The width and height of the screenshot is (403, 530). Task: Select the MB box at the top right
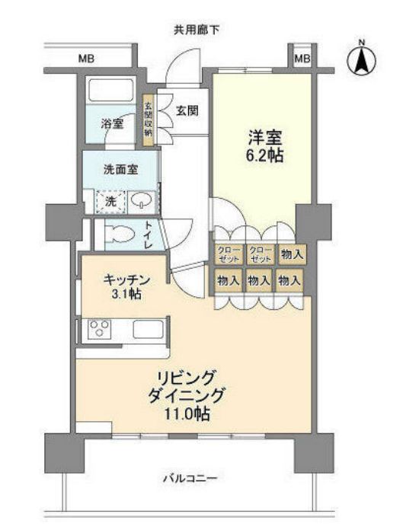[x=302, y=59]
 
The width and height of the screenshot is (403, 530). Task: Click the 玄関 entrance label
[x=187, y=111]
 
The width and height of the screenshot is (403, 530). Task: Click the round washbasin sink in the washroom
[x=142, y=200]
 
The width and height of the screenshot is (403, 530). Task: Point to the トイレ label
[x=149, y=235]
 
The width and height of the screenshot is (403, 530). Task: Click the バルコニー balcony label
[x=191, y=478]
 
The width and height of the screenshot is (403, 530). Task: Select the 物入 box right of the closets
[x=288, y=254]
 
